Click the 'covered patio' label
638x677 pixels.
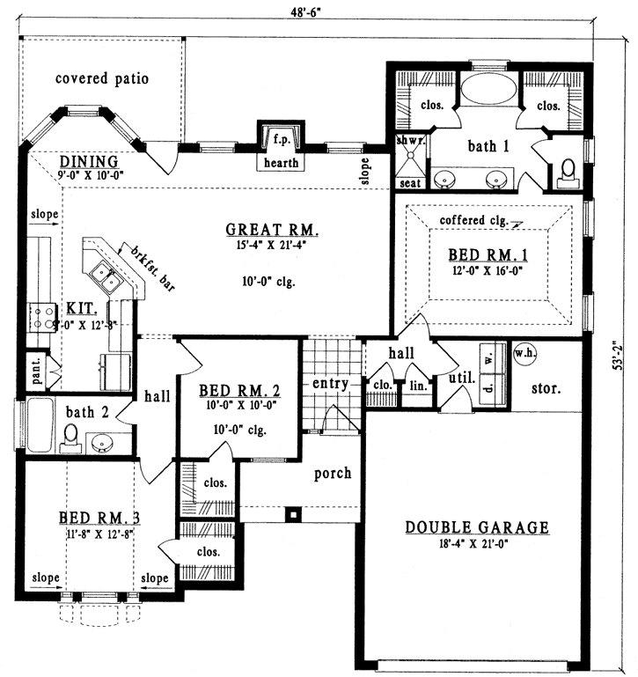[x=102, y=78]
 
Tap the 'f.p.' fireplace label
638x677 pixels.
[x=281, y=139]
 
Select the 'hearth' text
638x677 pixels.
[x=281, y=163]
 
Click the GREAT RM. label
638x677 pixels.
[x=272, y=231]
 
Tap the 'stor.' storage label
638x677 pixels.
[x=545, y=386]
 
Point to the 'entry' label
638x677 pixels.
[x=331, y=384]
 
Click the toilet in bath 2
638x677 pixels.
[x=71, y=435]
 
